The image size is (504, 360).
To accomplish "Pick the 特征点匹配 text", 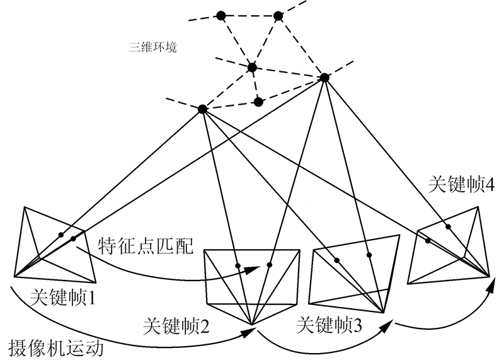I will pos(142,243).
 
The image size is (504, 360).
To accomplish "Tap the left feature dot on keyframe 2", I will pos(238,265).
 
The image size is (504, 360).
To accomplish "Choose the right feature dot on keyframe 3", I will pos(370,255).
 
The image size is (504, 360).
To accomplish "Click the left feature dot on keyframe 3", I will pos(337,260).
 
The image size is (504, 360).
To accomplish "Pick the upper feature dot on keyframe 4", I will pos(448,226).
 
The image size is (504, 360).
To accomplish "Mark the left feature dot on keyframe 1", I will pos(61,235).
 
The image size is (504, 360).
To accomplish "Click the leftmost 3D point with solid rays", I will pos(202,109).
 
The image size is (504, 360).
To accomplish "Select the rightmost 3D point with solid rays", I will pos(324,78).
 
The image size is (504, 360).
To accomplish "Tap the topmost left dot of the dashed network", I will pos(221,15).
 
